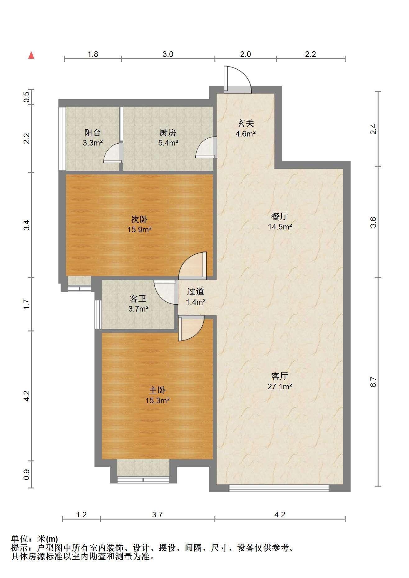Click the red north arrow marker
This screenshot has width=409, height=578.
[x=31, y=55]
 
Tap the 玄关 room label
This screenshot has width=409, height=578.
[x=246, y=123]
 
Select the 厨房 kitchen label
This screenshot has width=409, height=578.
[x=168, y=133]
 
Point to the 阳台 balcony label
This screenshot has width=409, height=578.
[x=93, y=133]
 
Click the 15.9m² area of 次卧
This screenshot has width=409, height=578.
[x=140, y=230]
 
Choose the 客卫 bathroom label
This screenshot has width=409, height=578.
[x=138, y=299]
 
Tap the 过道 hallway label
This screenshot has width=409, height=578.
[x=195, y=291]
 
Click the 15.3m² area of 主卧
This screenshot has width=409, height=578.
[x=157, y=400]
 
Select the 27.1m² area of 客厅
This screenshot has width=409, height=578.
[x=280, y=386]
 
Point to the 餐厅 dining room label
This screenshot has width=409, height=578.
[x=280, y=216]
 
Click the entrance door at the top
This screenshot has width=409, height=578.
[x=237, y=80]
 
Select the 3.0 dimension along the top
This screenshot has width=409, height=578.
[x=168, y=54]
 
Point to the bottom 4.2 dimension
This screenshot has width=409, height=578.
[x=280, y=515]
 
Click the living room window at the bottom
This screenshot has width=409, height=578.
[x=279, y=488]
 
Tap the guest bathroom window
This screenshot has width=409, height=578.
[x=98, y=314]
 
